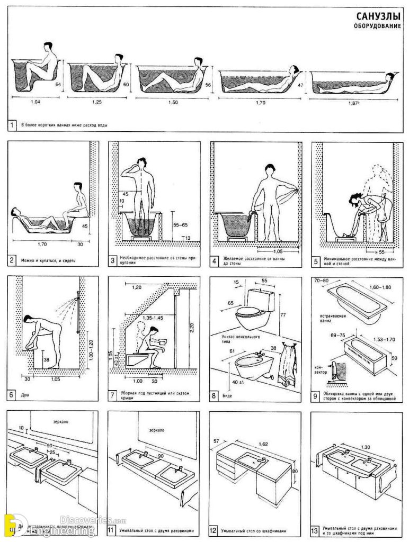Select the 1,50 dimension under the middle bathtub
click(x=172, y=102)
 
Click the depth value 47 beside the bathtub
click(x=300, y=85)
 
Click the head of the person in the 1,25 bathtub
click(x=118, y=57)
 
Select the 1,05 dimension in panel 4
click(x=278, y=251)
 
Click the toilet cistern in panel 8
click(x=263, y=301)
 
